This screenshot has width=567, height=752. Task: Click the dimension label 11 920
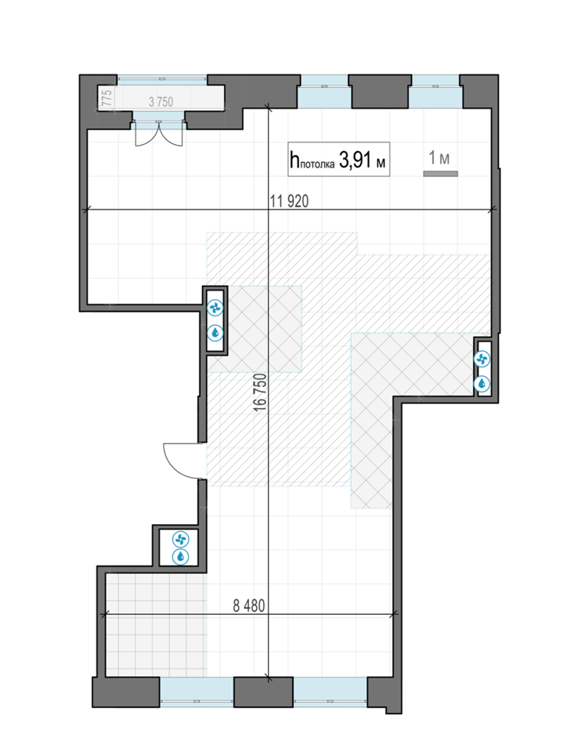(x=289, y=201)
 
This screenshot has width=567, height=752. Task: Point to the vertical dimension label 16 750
(x=260, y=392)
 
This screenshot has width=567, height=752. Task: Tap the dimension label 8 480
(x=249, y=606)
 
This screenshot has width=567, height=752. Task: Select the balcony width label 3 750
(x=161, y=102)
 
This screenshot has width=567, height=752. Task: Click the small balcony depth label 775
(x=107, y=99)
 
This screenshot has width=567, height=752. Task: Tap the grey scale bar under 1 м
(x=440, y=174)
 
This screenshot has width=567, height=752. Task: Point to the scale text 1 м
(x=439, y=157)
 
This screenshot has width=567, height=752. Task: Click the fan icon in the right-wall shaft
(x=482, y=359)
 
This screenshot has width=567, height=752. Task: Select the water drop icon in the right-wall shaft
(x=482, y=383)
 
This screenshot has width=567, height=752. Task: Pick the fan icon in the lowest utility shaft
(x=181, y=540)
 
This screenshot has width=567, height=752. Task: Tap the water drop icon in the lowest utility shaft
(x=181, y=557)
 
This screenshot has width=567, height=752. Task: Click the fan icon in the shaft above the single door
(x=215, y=309)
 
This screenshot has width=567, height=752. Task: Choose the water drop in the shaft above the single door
(x=215, y=332)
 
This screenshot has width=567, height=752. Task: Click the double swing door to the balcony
(x=159, y=133)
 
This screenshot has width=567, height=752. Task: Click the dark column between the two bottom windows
(x=263, y=692)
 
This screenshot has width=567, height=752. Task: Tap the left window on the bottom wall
(x=197, y=692)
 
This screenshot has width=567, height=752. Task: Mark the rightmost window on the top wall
(x=435, y=92)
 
